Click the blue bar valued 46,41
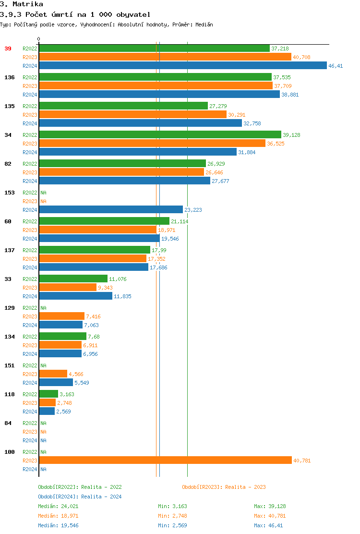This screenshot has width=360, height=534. (182, 66)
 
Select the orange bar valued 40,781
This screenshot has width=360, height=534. (165, 461)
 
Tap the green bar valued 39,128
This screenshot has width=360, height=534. (160, 135)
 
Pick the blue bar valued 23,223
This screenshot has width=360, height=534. (111, 210)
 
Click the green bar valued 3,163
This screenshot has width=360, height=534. (48, 394)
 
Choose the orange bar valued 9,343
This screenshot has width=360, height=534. (68, 288)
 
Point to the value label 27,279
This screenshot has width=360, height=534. (218, 106)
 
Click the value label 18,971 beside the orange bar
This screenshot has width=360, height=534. (167, 230)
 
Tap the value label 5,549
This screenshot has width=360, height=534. (82, 383)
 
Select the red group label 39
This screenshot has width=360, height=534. (8, 49)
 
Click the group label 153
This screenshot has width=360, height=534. (9, 193)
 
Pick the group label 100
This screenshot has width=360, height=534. (9, 452)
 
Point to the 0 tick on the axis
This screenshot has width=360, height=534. (39, 39)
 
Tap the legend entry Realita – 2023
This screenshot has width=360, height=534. (224, 487)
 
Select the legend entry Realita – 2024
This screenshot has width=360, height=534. (80, 497)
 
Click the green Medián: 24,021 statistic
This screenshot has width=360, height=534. (58, 506)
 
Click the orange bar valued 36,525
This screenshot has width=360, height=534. (152, 144)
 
